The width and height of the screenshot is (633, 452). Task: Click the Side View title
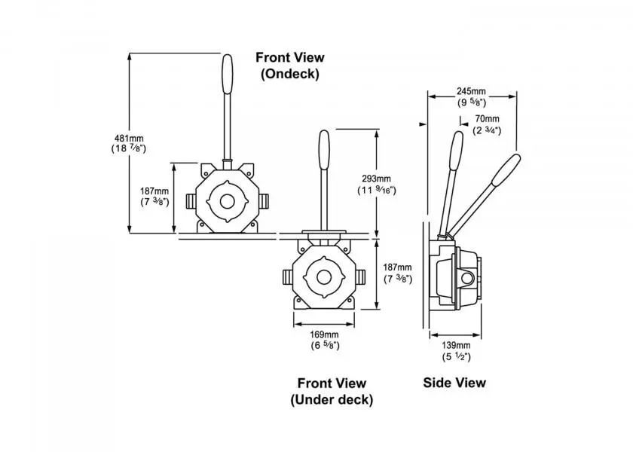point(454,383)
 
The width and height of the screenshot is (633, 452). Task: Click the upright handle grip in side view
point(457,151)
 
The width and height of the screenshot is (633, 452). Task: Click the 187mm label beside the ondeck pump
point(154,196)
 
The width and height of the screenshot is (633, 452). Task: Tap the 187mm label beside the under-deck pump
point(398,273)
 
